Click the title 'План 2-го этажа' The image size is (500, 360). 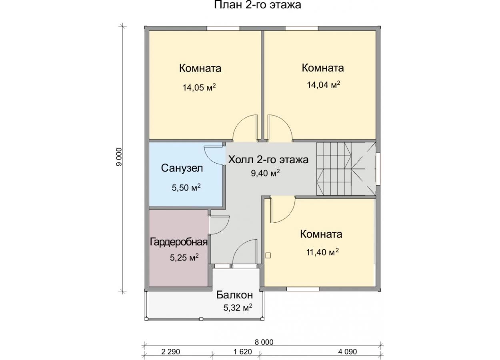coord(258,4)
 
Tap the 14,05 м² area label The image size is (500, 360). coord(199,87)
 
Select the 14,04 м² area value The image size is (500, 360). coord(324,84)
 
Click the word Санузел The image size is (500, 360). coord(182,168)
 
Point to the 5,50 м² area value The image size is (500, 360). coord(186,187)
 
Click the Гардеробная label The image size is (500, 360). coord(179,242)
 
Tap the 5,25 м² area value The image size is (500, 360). coord(184,257)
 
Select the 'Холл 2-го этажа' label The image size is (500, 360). coord(268,160)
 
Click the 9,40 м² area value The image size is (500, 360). coord(266,173)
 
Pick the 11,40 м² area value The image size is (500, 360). coord(322,252)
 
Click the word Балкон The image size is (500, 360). coord(234,295)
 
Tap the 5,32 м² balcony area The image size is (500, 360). coord(238,308)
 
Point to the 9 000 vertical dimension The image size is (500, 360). coord(119,157)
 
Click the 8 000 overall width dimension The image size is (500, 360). coord(264,342)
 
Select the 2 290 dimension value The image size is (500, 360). coord(170,352)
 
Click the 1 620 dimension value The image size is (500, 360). coord(243,352)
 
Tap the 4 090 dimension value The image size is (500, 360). coord(348,352)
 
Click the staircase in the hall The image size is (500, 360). coord(346,169)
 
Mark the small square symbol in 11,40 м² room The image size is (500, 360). coord(268,255)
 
